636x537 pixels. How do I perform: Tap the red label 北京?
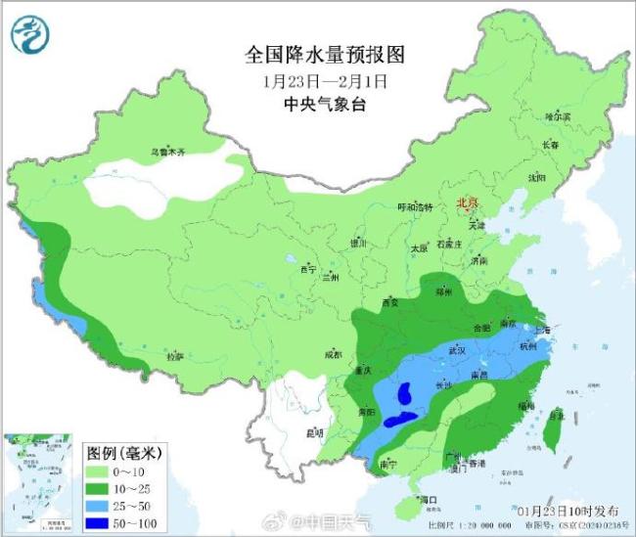click(465, 202)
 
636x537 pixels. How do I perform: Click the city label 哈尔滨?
click(557, 115)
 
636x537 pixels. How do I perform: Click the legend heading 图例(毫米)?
click(124, 453)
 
